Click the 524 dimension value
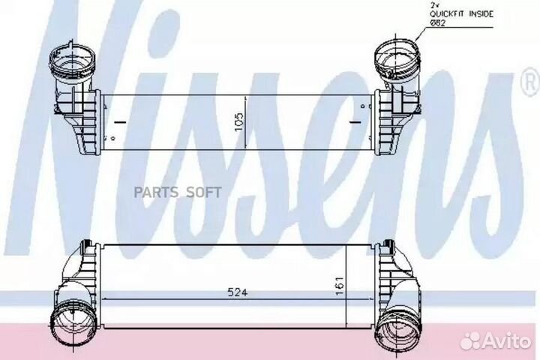pyautogui.click(x=238, y=292)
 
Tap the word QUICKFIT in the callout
pyautogui.click(x=445, y=14)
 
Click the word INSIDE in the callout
pyautogui.click(x=481, y=14)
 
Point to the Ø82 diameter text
pyautogui.click(x=437, y=22)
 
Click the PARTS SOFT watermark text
pyautogui.click(x=177, y=193)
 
